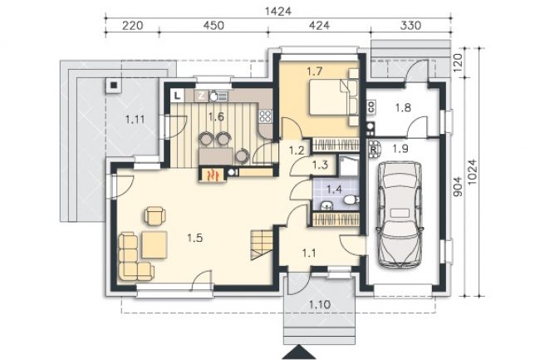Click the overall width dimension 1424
278,12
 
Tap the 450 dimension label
214,26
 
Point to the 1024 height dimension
472,171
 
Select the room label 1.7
314,72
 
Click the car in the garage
399,214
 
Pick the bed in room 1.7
329,97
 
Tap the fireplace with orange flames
213,174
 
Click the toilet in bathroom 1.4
351,199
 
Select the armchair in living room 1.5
155,215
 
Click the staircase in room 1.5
262,244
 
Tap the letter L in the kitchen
177,96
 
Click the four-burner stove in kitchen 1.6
266,116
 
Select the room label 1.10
320,304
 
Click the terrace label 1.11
135,120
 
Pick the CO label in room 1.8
371,106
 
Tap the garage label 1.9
400,149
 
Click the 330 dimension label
411,26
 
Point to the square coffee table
155,245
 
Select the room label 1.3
320,165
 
